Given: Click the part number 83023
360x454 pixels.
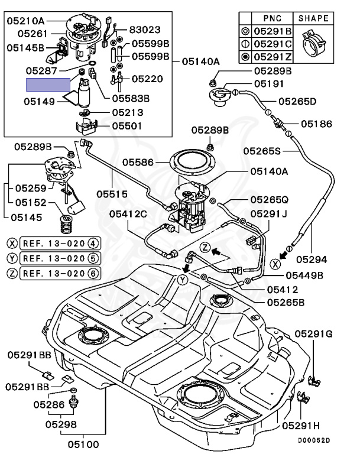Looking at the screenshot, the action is (144, 30).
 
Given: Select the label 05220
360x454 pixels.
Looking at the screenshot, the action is (147, 79).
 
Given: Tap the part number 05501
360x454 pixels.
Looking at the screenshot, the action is (127, 127).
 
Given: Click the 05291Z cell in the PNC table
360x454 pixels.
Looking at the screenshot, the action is (273, 57).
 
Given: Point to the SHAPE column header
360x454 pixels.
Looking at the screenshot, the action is (313, 18).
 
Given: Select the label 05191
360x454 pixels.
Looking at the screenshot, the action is (269, 84).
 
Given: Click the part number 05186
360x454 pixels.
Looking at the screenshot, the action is (316, 124).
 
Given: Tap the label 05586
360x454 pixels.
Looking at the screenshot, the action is (138, 163).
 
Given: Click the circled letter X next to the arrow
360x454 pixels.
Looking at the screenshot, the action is (275, 264).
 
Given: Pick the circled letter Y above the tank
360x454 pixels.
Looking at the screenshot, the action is (183, 280).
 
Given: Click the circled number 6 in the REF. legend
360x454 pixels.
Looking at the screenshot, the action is (93, 273).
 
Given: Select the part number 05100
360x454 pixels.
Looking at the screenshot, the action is (83, 445).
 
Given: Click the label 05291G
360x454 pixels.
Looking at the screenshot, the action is (314, 334).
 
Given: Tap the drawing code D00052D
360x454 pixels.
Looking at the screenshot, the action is (314, 440).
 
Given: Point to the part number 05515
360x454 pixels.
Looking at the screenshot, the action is (112, 194).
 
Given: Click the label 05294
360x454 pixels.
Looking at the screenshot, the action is (312, 260).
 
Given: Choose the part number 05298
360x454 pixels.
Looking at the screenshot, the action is (61, 424).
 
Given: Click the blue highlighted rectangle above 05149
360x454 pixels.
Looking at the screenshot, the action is (48, 85).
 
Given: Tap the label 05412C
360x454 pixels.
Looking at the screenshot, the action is (128, 214).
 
